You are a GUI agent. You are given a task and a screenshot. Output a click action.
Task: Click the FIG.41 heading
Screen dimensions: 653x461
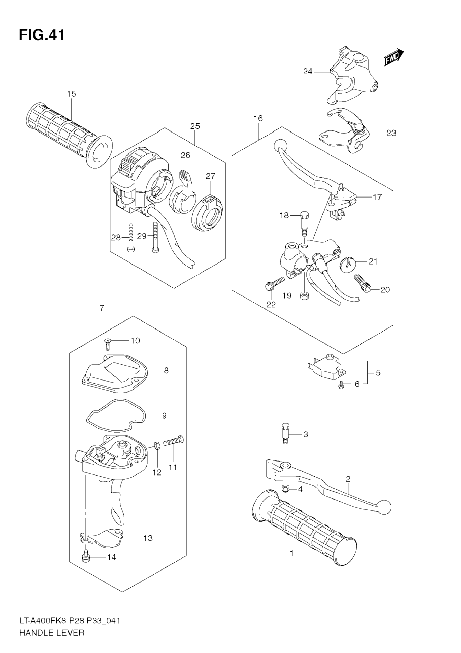42,35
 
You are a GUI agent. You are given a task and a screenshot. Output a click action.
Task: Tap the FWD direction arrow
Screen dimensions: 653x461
394,57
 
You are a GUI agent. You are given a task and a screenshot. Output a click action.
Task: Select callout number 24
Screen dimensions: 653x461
307,72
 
